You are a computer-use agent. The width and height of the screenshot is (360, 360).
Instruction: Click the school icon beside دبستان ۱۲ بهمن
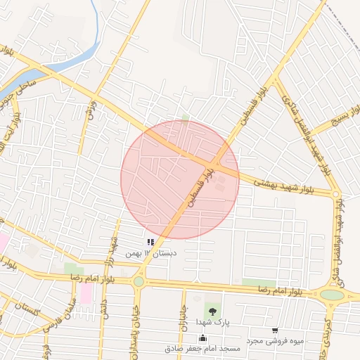click(150, 243)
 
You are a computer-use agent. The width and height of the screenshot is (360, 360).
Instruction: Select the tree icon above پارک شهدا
click(212, 309)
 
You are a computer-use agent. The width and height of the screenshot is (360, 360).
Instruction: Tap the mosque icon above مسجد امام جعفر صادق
click(203, 337)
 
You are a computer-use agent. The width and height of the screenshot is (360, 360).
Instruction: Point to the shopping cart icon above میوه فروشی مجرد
click(274, 330)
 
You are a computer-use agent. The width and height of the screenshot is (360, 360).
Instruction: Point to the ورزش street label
click(89, 108)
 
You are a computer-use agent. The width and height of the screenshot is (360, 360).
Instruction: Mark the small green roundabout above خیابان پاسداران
click(139, 281)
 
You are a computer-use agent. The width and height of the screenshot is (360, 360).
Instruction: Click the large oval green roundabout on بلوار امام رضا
click(332, 295)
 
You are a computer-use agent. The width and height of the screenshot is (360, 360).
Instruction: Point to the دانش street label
click(103, 309)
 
